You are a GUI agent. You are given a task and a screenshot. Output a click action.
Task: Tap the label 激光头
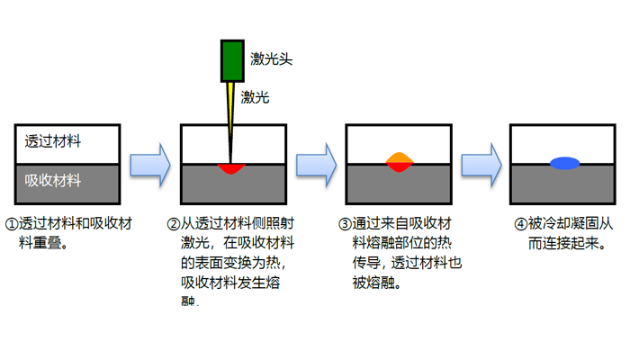pyautogui.click(x=273, y=60)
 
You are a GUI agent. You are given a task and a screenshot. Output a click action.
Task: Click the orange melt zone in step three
pyautogui.click(x=399, y=159)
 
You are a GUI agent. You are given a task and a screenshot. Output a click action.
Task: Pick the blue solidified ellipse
pyautogui.click(x=564, y=163)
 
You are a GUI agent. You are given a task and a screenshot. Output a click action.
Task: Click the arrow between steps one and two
pyautogui.click(x=150, y=163)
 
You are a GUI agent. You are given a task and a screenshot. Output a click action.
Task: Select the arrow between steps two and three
pyautogui.click(x=316, y=163)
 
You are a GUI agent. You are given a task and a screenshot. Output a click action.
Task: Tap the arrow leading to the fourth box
pyautogui.click(x=481, y=163)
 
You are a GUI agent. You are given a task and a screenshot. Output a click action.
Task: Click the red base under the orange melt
pyautogui.click(x=399, y=167)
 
